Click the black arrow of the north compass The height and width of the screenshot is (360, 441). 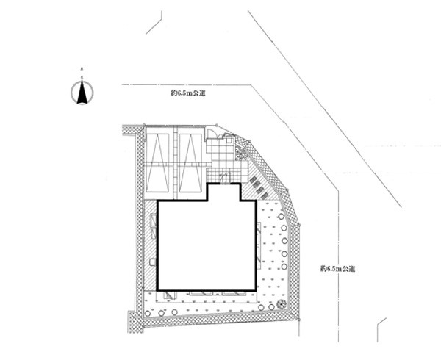[82, 92]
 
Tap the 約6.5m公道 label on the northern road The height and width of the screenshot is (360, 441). [187, 93]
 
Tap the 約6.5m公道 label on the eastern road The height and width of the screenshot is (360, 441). [338, 269]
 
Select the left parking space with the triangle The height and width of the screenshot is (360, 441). [158, 163]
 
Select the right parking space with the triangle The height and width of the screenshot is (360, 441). [190, 163]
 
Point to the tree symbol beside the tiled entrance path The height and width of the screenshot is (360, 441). [240, 154]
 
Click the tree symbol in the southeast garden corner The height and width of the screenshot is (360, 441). [281, 304]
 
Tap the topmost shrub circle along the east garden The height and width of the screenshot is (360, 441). [281, 216]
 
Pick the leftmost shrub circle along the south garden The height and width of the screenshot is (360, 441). [148, 313]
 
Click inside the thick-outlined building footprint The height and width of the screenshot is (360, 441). [207, 245]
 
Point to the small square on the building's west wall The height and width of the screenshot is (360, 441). [153, 262]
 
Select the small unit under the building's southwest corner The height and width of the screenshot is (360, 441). [170, 295]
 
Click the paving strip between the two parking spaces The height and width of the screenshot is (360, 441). [174, 163]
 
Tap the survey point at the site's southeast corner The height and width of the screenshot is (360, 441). [299, 320]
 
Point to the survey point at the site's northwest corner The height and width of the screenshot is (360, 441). [144, 125]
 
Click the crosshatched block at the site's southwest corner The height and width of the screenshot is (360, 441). [136, 323]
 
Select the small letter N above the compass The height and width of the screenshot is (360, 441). [82, 68]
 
